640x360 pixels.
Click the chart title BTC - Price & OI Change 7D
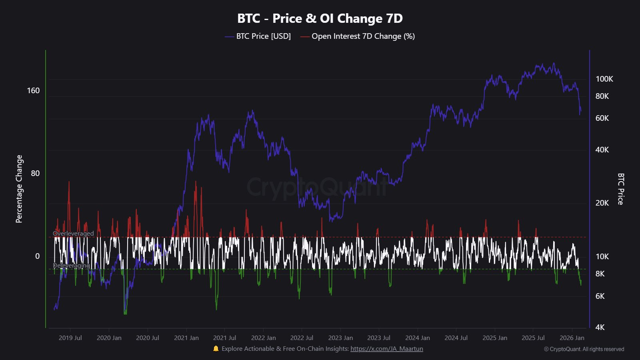coord(320,18)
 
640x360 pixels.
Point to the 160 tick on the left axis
coord(33,90)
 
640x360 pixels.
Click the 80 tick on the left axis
coord(35,173)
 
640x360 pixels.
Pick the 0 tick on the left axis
coord(37,256)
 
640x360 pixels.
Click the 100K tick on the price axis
coord(604,79)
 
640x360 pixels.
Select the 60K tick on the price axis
coord(602,118)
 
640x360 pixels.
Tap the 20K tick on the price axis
coord(602,203)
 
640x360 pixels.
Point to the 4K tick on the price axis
coord(600,327)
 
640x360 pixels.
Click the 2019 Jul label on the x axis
coord(70,338)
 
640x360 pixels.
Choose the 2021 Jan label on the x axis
coord(186,338)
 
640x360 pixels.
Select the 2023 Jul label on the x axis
coord(378,338)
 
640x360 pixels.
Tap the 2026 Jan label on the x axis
coord(572,338)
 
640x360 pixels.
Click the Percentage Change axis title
coord(19,189)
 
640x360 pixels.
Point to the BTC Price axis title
coord(620,189)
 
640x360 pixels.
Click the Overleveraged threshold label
coord(73,234)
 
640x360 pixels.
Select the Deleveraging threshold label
coord(71,266)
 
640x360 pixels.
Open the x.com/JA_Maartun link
coord(386,349)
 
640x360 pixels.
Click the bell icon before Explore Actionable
coord(216,348)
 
